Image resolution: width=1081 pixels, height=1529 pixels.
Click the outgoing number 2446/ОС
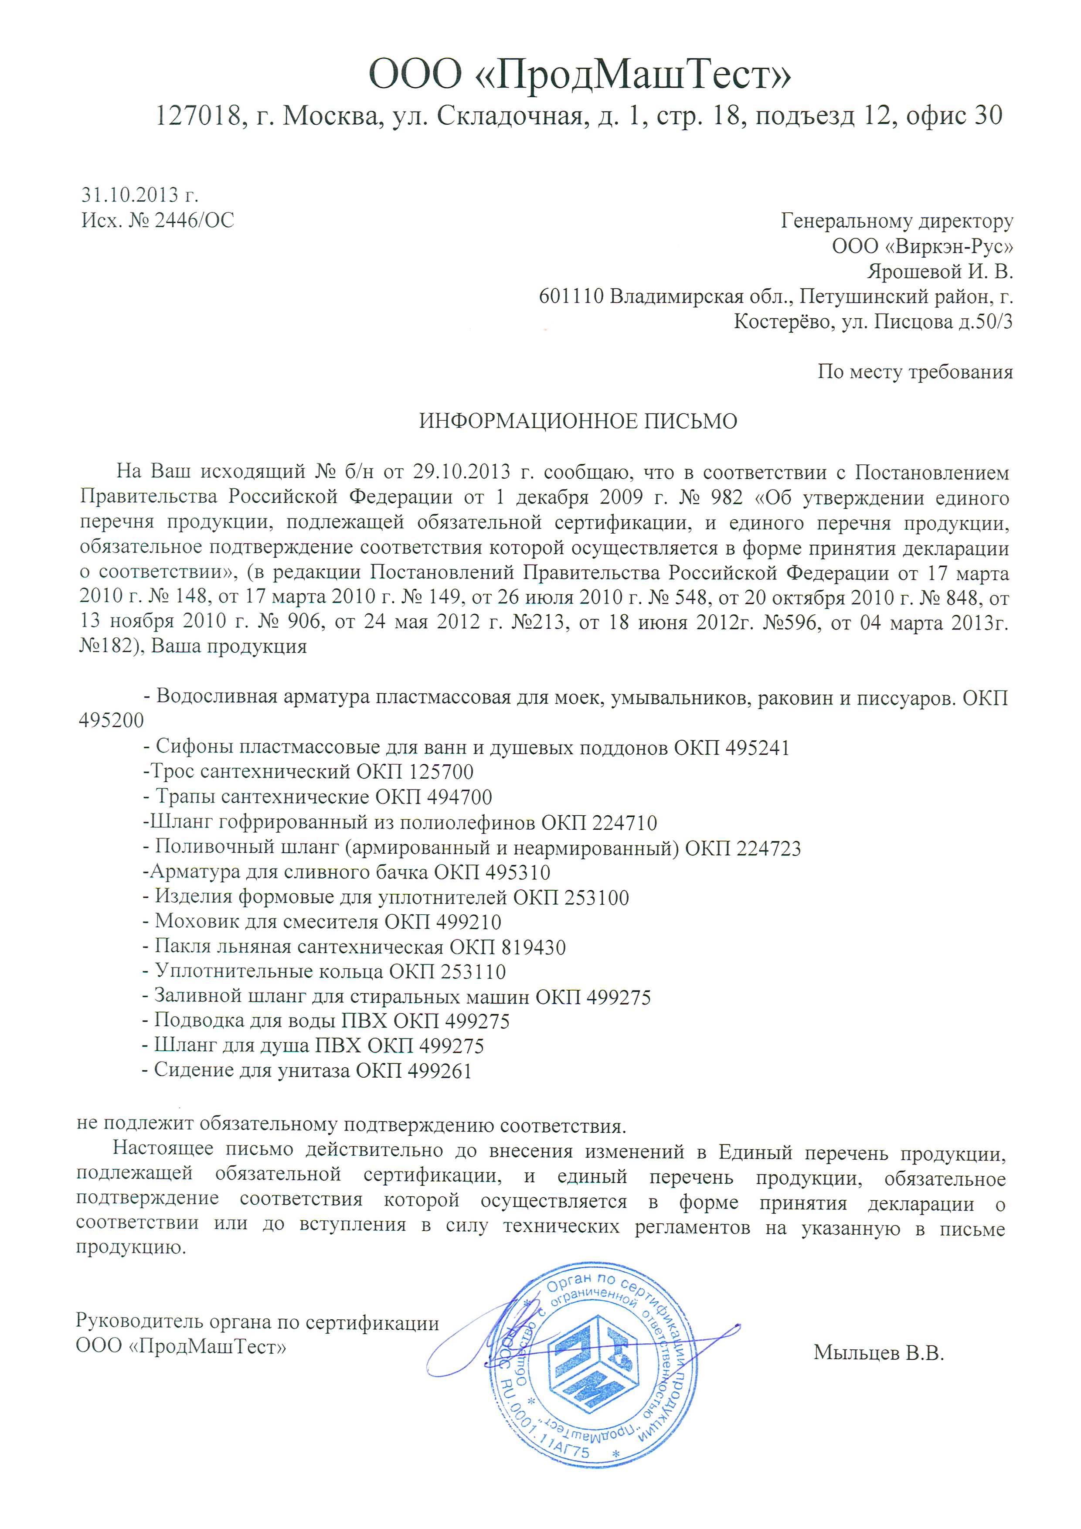194,221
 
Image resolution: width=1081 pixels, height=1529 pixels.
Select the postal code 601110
571,296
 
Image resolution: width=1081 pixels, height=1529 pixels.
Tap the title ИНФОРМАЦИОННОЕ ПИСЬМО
578,422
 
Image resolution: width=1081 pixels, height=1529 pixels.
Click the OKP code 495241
758,748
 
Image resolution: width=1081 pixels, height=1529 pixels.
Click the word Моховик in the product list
194,923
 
